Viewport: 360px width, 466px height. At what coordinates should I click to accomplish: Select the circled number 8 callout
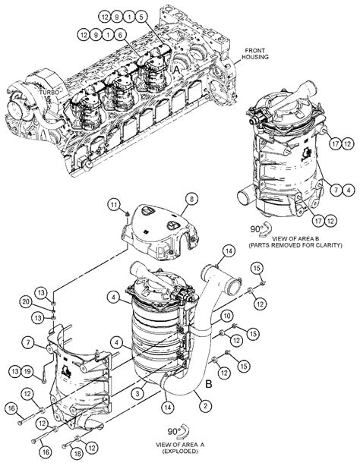(191, 198)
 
